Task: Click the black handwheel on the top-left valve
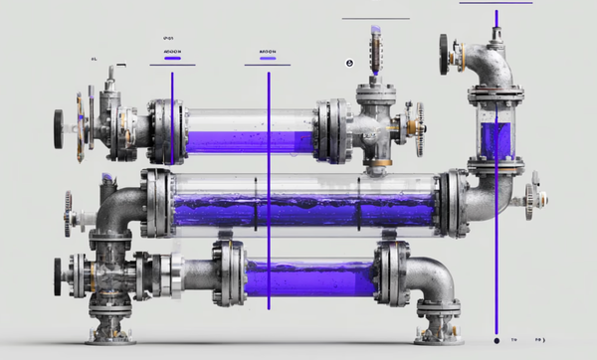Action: coord(59,123)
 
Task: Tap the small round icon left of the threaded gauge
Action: coord(349,63)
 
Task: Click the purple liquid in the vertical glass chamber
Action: coord(495,139)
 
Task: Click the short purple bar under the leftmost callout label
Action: coord(172,59)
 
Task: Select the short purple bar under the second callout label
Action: coord(267,59)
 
